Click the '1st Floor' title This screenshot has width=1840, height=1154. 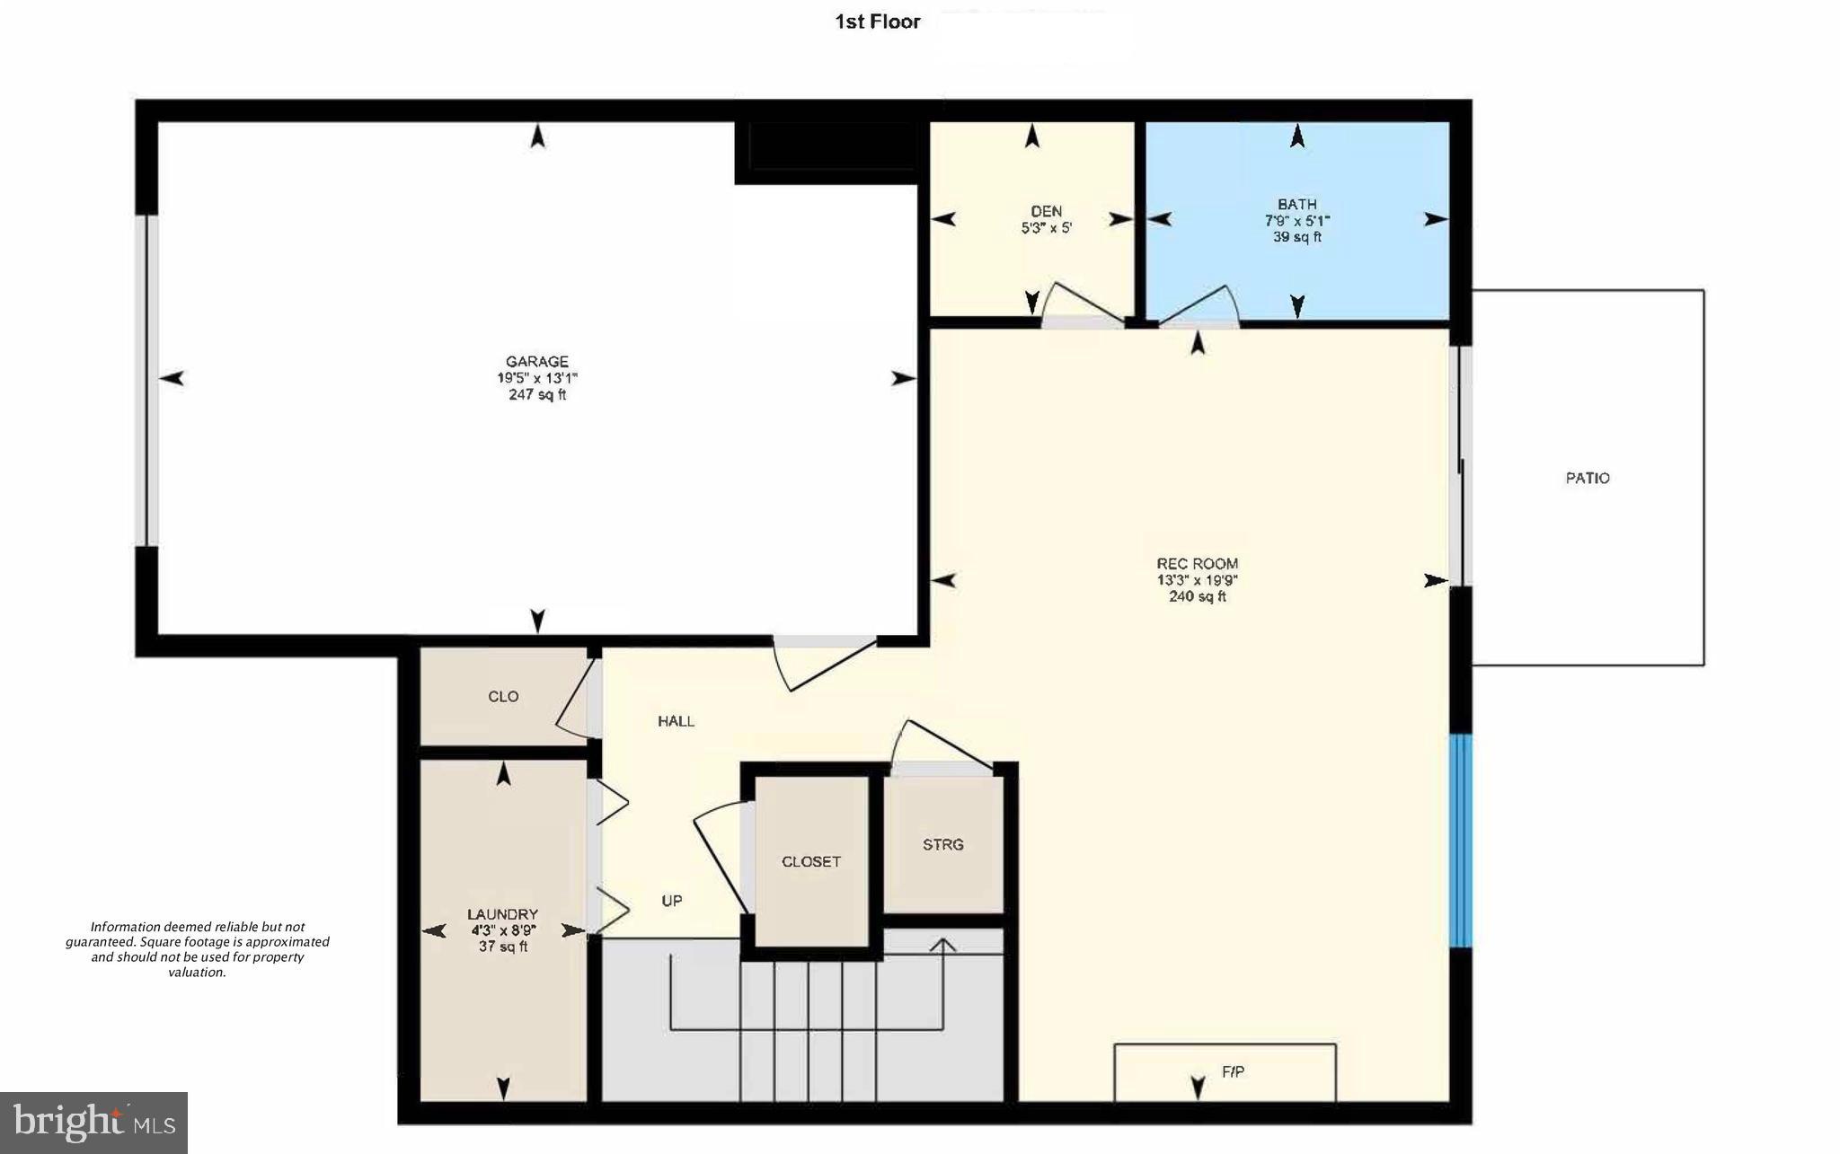point(877,22)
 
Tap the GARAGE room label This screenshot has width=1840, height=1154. point(537,362)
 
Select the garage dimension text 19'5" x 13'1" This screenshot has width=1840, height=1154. point(537,378)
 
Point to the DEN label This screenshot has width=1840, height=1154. point(1047,211)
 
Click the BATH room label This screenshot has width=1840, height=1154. point(1296,204)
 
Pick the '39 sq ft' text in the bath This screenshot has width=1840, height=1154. point(1296,237)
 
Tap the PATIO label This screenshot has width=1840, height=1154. point(1588,478)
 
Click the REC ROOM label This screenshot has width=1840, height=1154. point(1197,564)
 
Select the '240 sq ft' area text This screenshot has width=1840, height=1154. point(1197,596)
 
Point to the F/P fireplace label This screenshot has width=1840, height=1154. point(1233,1071)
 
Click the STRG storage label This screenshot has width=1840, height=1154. point(942,844)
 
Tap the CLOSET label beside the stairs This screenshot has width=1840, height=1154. point(810,861)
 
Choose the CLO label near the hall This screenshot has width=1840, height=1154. point(503,696)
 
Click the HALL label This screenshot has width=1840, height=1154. point(676,720)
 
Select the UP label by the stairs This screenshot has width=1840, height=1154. point(672,901)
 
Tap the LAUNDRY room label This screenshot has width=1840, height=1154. point(502,914)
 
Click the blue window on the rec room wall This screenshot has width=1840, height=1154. point(1461,841)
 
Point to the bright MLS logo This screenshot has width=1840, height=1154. point(93,1123)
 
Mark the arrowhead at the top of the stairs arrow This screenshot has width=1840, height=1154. point(942,946)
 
